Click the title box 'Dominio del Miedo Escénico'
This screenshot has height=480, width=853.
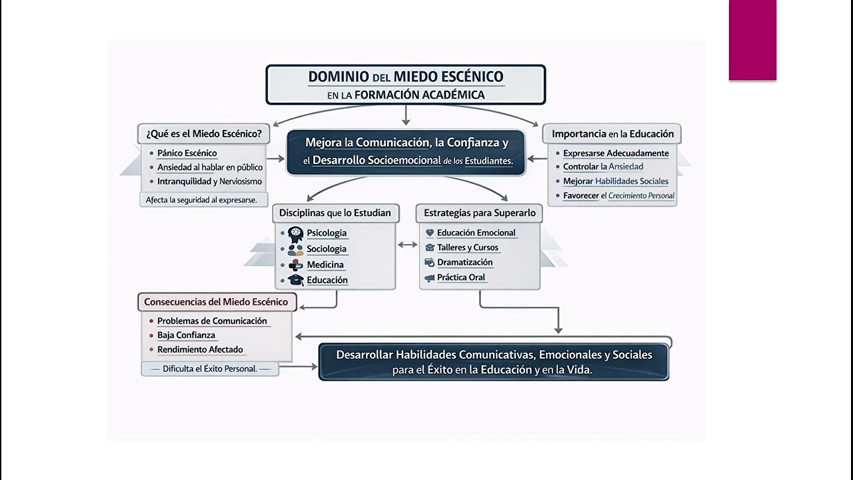(x=405, y=85)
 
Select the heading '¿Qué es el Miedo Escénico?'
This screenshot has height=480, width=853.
(x=204, y=133)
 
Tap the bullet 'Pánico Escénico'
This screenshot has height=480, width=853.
(x=187, y=153)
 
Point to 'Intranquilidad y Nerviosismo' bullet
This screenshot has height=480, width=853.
(x=209, y=181)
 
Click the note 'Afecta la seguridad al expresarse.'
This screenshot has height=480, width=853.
(x=201, y=200)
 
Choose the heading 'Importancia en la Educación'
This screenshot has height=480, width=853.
(x=612, y=134)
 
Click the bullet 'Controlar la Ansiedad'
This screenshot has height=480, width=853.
(x=602, y=167)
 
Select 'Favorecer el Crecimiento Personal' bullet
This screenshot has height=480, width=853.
(x=618, y=196)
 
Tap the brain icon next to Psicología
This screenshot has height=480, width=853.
(x=295, y=233)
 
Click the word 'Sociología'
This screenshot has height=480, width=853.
(x=327, y=249)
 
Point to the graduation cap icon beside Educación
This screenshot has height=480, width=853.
(x=295, y=281)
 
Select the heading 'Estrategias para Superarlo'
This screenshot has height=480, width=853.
(x=479, y=213)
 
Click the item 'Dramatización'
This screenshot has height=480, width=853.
(x=464, y=263)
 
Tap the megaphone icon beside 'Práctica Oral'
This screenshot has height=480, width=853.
(x=430, y=278)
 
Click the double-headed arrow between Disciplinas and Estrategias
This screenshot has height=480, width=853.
(x=407, y=245)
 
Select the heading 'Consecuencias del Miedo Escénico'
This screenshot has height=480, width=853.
(x=216, y=302)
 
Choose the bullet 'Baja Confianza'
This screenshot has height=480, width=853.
(x=186, y=335)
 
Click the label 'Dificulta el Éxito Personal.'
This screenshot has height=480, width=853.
(x=210, y=369)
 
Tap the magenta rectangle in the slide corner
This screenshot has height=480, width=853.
(x=752, y=40)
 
